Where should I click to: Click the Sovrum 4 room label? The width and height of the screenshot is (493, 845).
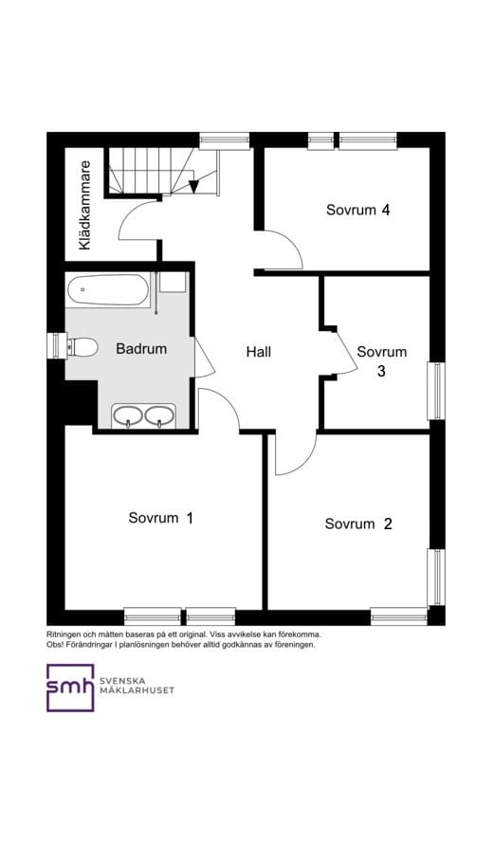[357, 210]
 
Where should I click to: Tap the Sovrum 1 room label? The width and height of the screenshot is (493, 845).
[160, 518]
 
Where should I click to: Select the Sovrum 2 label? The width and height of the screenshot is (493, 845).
[358, 524]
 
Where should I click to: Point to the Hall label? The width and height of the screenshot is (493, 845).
[259, 352]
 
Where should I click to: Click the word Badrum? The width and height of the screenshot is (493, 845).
[141, 349]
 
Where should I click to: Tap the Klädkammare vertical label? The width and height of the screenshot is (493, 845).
[84, 205]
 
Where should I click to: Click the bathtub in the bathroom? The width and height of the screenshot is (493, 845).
[108, 290]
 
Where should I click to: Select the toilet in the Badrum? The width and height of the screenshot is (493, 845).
[82, 347]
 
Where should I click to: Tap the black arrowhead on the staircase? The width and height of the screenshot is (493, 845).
[194, 187]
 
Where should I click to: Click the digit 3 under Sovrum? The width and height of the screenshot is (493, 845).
[381, 372]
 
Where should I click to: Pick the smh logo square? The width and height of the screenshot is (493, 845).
[70, 688]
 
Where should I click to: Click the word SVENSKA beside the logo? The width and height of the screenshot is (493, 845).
[122, 681]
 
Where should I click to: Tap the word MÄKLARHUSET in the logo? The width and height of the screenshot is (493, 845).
[137, 690]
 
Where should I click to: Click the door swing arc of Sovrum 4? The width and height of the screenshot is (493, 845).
[294, 242]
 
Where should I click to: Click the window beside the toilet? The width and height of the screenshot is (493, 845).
[57, 345]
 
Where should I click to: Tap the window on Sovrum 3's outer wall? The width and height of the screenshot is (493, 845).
[436, 391]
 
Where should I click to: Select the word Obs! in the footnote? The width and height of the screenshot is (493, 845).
[54, 645]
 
